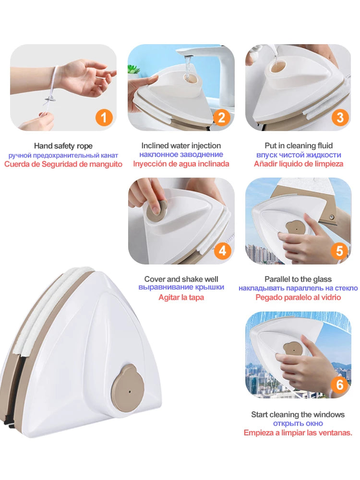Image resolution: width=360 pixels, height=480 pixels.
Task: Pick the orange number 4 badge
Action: coord(222,251)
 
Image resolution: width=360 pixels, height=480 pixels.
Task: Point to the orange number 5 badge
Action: coord(339,251)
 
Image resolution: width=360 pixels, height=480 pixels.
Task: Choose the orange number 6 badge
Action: coord(340,385)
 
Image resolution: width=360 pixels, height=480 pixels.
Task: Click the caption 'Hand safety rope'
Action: coord(63,146)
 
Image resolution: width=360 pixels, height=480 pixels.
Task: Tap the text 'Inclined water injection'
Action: coord(181,146)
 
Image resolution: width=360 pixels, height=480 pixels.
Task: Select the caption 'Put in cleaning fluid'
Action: coord(299,146)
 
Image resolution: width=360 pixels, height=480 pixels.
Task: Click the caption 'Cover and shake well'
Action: coord(181,279)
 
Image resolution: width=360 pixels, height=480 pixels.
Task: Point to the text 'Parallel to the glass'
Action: coord(298,279)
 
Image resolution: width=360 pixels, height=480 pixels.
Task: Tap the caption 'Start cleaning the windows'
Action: coord(298,415)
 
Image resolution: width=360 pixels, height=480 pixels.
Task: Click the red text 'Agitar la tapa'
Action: coord(181,297)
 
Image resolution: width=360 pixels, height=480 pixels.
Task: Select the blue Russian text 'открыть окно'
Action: coord(298,424)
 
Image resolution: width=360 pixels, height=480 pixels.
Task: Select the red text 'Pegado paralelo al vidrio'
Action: coord(298,297)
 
